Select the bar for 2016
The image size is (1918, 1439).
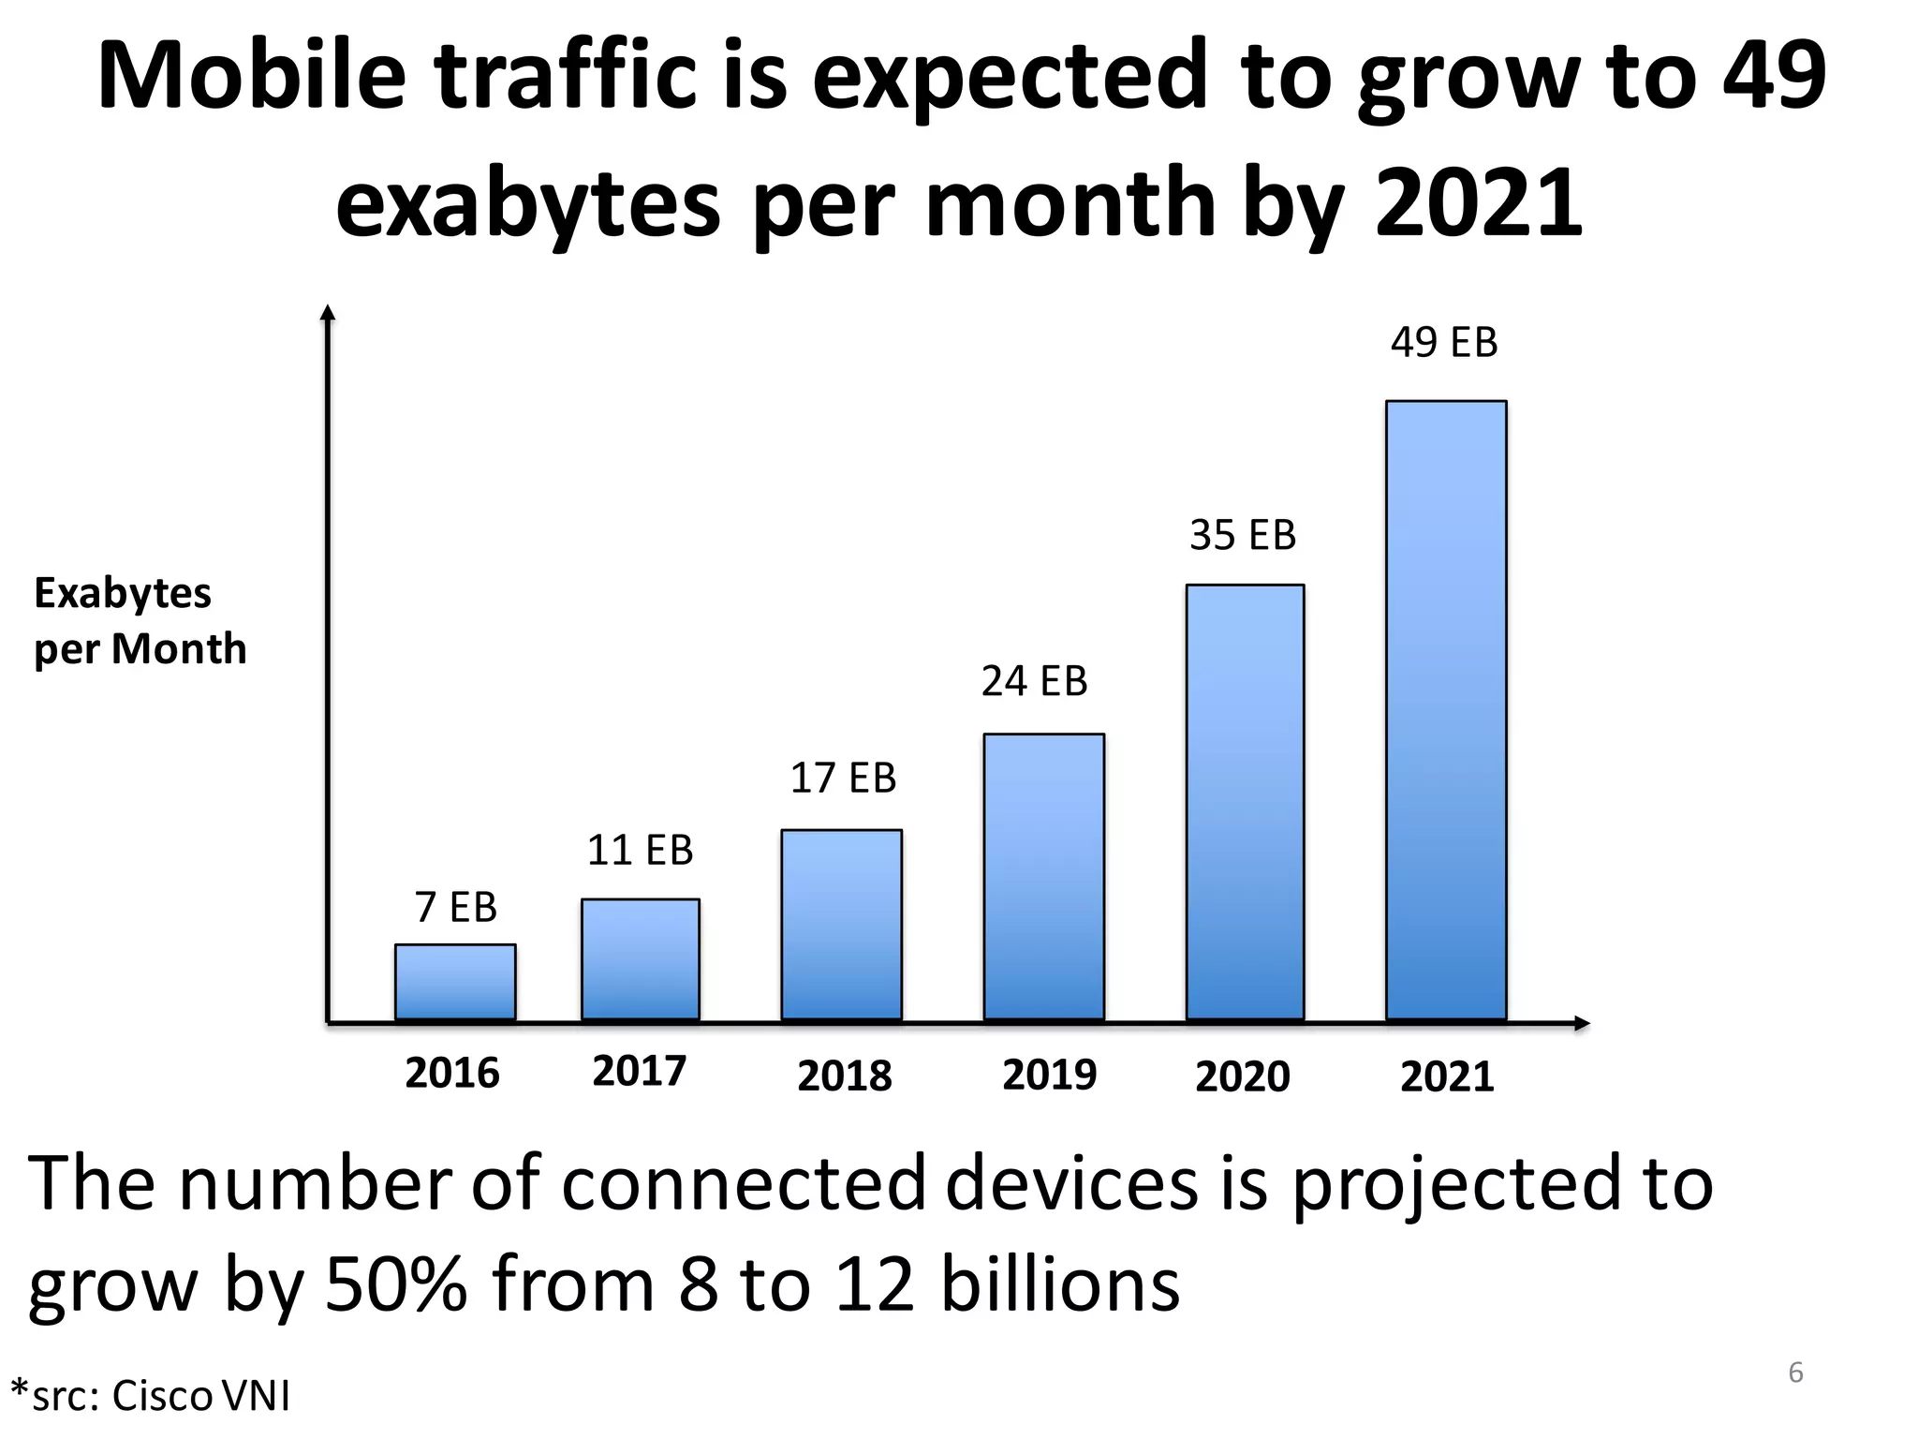tap(455, 982)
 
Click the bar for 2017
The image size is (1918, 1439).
tap(641, 959)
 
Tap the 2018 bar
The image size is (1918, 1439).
tap(842, 925)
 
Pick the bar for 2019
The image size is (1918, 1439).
tap(1043, 877)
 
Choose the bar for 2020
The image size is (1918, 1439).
tap(1245, 802)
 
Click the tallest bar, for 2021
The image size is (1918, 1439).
tap(1446, 710)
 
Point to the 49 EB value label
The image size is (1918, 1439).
tap(1444, 343)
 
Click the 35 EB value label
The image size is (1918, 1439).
tap(1243, 536)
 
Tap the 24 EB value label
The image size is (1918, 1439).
tap(1034, 682)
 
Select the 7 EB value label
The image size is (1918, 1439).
tap(455, 908)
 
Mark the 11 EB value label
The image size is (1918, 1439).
tap(640, 851)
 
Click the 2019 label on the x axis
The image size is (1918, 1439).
tap(1049, 1075)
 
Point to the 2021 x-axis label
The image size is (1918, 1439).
tap(1447, 1076)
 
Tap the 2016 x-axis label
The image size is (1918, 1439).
tap(452, 1074)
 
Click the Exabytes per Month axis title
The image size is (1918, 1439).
tap(140, 621)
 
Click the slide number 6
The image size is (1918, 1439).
tap(1795, 1372)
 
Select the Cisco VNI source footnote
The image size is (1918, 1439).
tap(150, 1396)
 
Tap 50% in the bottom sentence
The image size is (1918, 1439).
tap(395, 1283)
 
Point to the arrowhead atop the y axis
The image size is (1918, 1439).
tap(327, 313)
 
